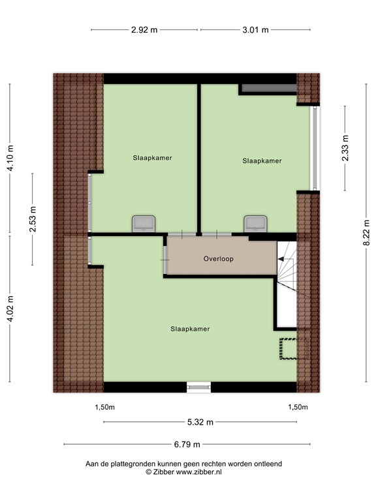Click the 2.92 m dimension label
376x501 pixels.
click(x=144, y=29)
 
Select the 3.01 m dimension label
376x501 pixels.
click(x=255, y=29)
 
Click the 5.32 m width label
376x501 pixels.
click(x=200, y=422)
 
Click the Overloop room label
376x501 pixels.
click(x=219, y=258)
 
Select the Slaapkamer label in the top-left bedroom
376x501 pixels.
click(x=152, y=157)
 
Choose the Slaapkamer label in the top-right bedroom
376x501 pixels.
click(x=262, y=160)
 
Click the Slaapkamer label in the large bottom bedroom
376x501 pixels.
click(x=190, y=329)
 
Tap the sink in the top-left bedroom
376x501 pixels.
click(x=143, y=224)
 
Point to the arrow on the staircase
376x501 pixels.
click(x=282, y=260)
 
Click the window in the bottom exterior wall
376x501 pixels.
click(x=198, y=387)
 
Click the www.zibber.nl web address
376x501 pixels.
click(x=196, y=471)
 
